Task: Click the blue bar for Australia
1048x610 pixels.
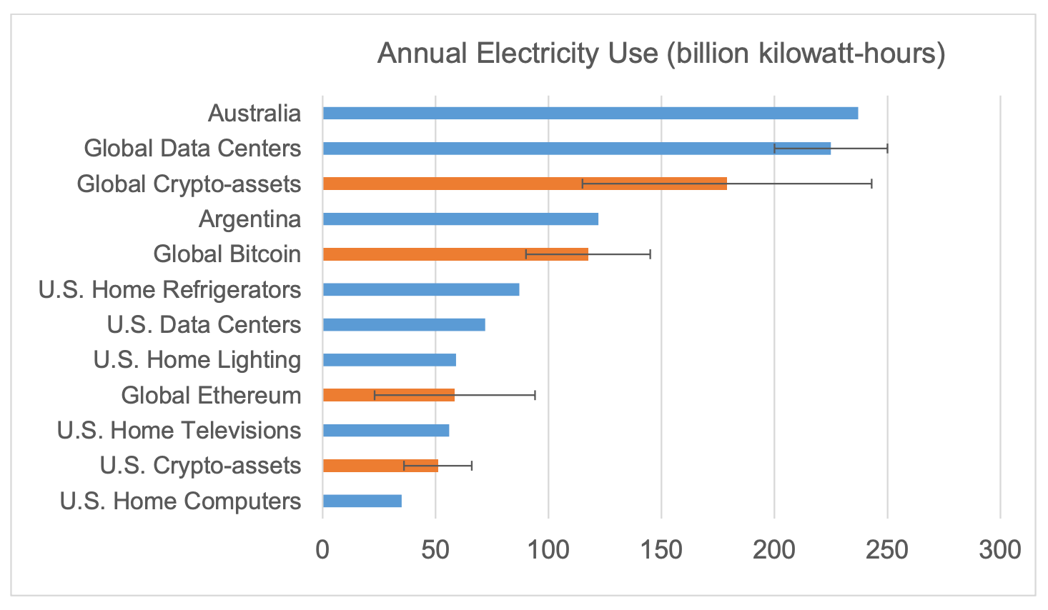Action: tap(590, 114)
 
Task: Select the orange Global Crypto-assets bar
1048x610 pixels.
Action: tap(524, 184)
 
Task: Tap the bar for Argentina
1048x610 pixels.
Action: tap(460, 219)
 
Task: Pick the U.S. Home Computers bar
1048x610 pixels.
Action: tap(362, 501)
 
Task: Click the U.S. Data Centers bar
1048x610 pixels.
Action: tap(404, 325)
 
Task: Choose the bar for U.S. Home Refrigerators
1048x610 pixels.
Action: tap(420, 289)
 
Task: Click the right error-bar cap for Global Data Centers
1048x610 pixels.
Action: tap(887, 149)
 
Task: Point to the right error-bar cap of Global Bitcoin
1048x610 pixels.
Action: tap(650, 254)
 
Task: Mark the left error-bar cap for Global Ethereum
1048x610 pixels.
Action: tap(375, 395)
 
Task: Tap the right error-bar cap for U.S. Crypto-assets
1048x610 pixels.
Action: tap(472, 466)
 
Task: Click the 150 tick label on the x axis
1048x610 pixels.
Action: tap(661, 550)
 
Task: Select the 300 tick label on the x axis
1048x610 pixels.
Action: tap(1000, 550)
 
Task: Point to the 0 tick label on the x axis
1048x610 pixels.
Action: tap(323, 550)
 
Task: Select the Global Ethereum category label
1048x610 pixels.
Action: tap(211, 395)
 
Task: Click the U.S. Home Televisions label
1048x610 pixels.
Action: tap(179, 431)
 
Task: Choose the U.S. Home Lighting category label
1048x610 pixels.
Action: tap(197, 360)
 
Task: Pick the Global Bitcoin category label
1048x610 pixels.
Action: tap(227, 254)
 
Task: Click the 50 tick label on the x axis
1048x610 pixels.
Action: tap(435, 550)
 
